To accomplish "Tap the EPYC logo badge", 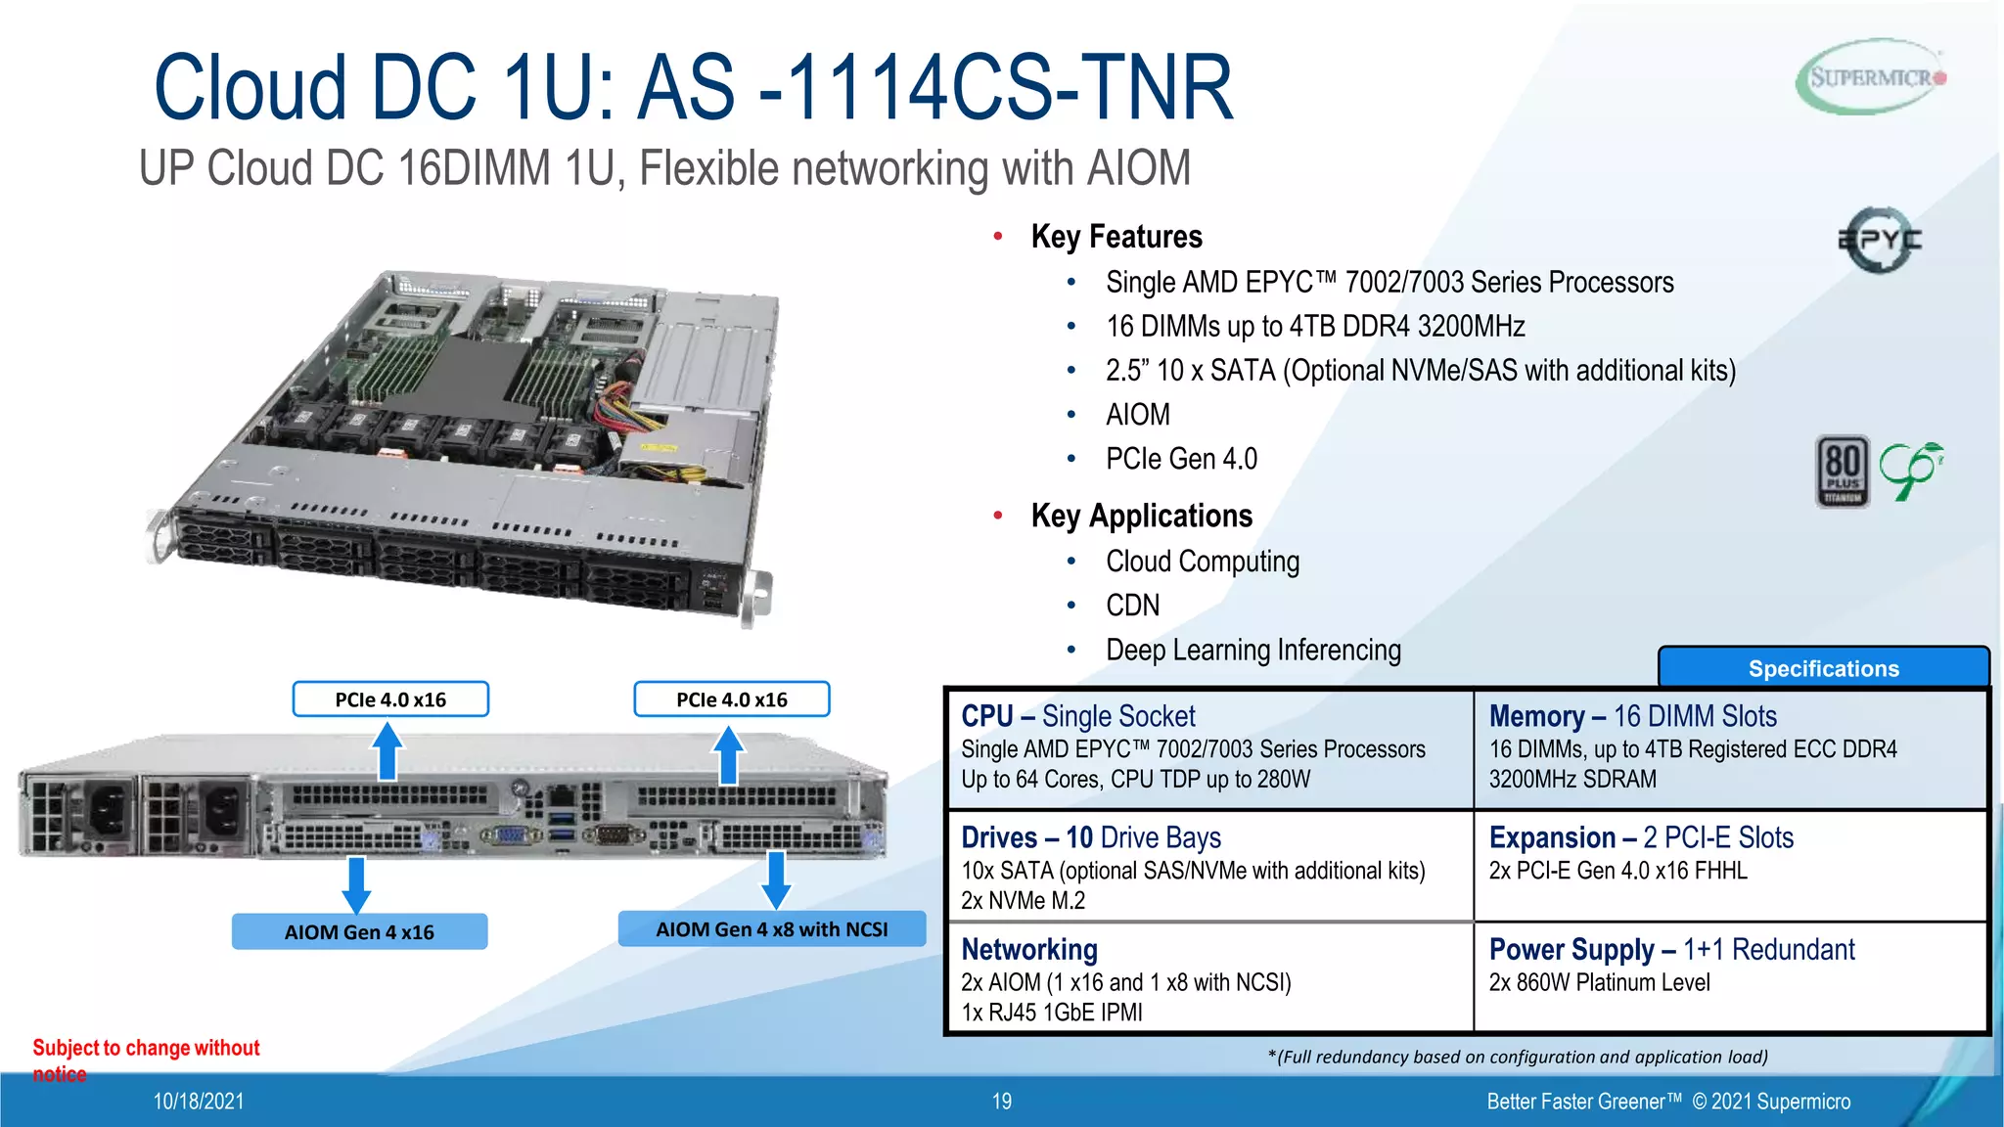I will (x=1879, y=239).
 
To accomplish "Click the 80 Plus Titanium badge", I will (x=1843, y=472).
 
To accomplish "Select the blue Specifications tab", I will (x=1823, y=668).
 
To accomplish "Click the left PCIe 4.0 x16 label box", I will (x=390, y=699).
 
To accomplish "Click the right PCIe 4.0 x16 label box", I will (x=731, y=699).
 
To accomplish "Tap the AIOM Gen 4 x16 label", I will (x=359, y=931).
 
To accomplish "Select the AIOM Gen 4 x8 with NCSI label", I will (x=771, y=928).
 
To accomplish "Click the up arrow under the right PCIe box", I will (x=728, y=754).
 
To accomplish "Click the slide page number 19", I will (x=1001, y=1102).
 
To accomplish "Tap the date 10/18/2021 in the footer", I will (x=199, y=1102).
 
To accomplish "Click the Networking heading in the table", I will (x=1029, y=949).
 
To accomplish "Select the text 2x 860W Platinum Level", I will (x=1599, y=982).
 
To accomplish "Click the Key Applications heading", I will (x=1141, y=516).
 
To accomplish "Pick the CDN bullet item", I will (x=1132, y=606).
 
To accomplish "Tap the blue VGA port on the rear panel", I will (x=508, y=834).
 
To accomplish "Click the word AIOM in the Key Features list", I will (x=1137, y=415).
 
